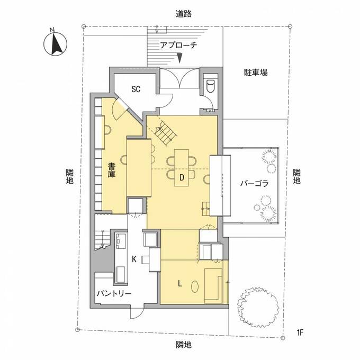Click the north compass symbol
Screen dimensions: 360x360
(x=56, y=44)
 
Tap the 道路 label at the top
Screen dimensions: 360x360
(x=184, y=14)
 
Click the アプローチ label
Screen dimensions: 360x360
(x=178, y=45)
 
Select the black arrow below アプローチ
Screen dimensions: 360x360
(x=180, y=58)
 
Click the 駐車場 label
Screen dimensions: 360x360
(x=256, y=73)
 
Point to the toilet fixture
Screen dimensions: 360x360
(x=210, y=85)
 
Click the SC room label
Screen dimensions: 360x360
(x=136, y=89)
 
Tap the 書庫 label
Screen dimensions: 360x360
(x=112, y=170)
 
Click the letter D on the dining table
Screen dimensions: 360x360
(x=182, y=177)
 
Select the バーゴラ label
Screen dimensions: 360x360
(x=255, y=184)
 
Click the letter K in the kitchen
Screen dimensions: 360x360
(x=134, y=259)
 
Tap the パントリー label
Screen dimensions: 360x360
(x=114, y=294)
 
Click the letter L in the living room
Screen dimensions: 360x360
(x=180, y=284)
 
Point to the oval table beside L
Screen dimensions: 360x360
(x=195, y=287)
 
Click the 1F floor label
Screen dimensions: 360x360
(x=300, y=332)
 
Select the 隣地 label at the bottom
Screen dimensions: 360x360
(x=184, y=345)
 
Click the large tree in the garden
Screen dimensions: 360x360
(x=258, y=308)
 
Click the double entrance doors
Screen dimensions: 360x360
(x=179, y=78)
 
